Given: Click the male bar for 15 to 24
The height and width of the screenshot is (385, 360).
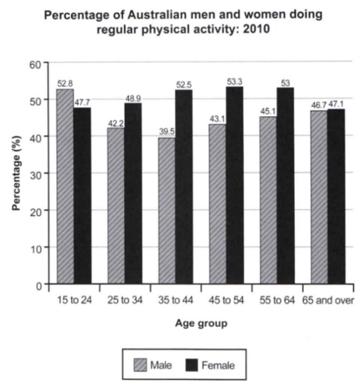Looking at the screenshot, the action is [x=65, y=186].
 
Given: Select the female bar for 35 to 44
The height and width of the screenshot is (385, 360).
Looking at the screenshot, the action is [x=184, y=186].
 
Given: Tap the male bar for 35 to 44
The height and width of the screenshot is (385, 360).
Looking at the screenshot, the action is [x=167, y=211].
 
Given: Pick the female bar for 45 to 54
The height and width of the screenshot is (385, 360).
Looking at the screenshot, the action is [x=235, y=186].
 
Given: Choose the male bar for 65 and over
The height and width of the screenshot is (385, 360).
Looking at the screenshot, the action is [x=319, y=197].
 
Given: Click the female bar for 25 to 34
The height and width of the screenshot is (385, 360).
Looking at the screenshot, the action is [x=134, y=193].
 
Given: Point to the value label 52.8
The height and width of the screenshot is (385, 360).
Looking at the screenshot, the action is [x=65, y=84].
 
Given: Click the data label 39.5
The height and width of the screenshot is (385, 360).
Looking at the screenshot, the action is [x=167, y=132].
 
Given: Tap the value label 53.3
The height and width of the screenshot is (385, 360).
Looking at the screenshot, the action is [x=234, y=82].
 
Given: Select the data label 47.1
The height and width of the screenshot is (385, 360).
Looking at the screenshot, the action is [x=337, y=104].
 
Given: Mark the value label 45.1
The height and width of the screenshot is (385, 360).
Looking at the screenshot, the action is [x=267, y=112].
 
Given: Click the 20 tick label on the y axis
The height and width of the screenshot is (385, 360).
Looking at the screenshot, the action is [x=36, y=211].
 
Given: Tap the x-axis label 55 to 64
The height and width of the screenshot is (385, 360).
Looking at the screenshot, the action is [x=277, y=300].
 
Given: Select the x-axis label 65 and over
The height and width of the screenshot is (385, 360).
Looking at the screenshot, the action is [x=328, y=300].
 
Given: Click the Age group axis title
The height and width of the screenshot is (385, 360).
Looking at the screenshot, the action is [x=201, y=323].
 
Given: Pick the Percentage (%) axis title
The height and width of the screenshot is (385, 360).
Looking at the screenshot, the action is [x=17, y=173].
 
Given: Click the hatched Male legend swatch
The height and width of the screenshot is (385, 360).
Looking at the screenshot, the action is [x=141, y=365].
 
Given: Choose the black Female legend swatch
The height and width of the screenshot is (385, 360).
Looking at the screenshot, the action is [x=191, y=365].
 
